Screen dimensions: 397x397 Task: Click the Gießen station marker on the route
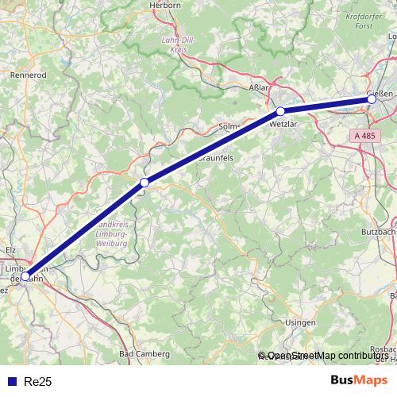pyautogui.click(x=372, y=98)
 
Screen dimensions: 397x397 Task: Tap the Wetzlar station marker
pyautogui.click(x=280, y=111)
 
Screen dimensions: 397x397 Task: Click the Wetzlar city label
pyautogui.click(x=283, y=125)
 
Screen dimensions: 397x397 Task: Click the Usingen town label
pyautogui.click(x=299, y=323)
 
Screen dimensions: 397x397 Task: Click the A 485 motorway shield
pyautogui.click(x=365, y=137)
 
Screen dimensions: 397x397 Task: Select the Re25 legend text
pyautogui.click(x=37, y=382)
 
